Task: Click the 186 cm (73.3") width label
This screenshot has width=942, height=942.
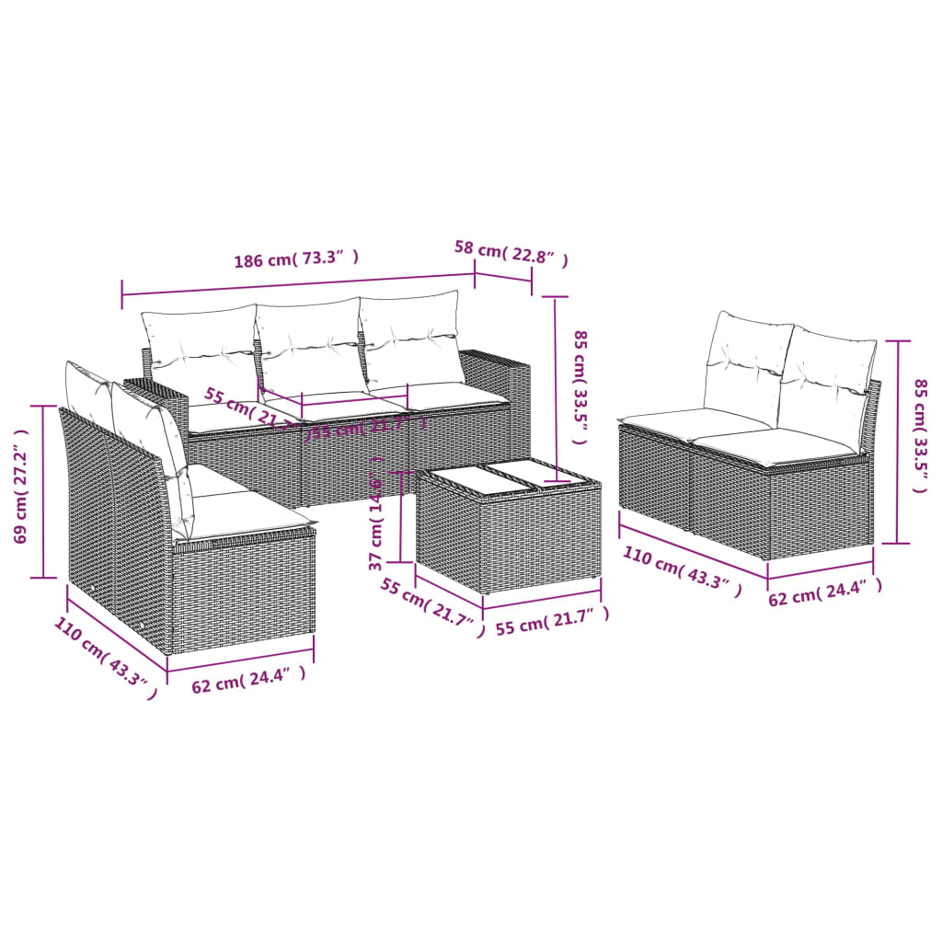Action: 294,259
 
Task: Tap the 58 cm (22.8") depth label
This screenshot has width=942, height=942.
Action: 511,254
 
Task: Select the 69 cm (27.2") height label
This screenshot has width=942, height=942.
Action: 21,492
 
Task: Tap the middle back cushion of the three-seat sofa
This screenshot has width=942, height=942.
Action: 310,348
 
